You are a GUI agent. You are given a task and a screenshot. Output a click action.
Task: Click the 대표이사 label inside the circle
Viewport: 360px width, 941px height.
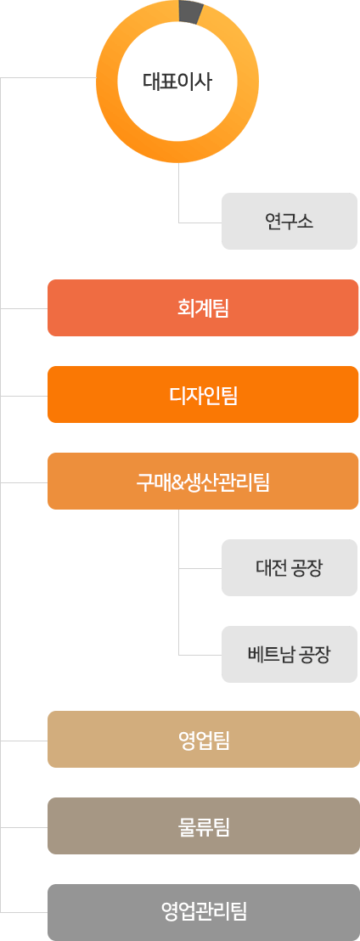click(177, 82)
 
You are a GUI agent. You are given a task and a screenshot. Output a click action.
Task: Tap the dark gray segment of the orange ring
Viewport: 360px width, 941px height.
click(191, 12)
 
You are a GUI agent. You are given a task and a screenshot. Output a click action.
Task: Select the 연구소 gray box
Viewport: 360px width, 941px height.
click(290, 221)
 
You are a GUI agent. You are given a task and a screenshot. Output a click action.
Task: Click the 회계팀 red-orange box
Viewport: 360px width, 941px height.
click(204, 308)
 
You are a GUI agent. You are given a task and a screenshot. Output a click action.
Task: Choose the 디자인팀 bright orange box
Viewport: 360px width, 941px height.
click(204, 394)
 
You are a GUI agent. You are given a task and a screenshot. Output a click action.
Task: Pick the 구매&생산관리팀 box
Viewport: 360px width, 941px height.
click(204, 481)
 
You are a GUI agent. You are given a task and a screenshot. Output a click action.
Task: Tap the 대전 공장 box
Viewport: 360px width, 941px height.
click(290, 567)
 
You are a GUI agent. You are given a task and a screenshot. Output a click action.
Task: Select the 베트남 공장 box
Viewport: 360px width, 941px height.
click(290, 654)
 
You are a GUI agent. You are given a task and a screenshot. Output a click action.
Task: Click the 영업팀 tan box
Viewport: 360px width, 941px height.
click(204, 740)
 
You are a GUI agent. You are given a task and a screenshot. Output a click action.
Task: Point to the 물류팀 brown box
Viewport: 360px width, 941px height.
click(204, 825)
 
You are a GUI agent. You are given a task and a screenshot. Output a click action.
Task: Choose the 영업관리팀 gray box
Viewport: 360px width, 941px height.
click(204, 912)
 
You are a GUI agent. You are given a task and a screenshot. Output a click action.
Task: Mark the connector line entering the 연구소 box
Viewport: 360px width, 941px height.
click(200, 222)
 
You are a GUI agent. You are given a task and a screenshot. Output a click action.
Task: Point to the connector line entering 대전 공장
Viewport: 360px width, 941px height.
click(200, 567)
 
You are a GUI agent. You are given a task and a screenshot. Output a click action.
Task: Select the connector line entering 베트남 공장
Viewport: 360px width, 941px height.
click(200, 654)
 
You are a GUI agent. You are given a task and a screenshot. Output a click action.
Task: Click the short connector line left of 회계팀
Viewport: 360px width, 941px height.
click(24, 308)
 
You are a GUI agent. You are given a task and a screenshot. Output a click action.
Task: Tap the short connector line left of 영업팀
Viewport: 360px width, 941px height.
click(24, 741)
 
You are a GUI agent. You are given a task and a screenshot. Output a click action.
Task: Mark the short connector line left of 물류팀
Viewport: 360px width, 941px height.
click(24, 827)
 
